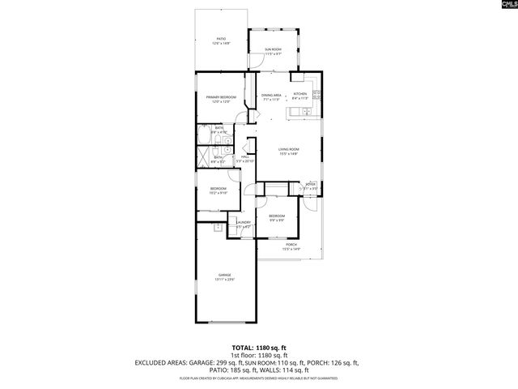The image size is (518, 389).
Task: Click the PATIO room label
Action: pyautogui.click(x=221, y=38)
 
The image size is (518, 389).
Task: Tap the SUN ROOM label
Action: pyautogui.click(x=273, y=50)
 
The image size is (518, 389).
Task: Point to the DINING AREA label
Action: pyautogui.click(x=271, y=96)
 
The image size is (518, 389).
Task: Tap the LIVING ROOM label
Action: pyautogui.click(x=289, y=149)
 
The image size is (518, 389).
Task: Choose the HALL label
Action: pyautogui.click(x=244, y=156)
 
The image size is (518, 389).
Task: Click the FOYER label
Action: pyautogui.click(x=311, y=184)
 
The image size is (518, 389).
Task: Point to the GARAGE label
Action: pyautogui.click(x=224, y=275)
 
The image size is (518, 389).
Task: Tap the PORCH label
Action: pyautogui.click(x=291, y=245)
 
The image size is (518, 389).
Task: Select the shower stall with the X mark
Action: pyautogui.click(x=206, y=160)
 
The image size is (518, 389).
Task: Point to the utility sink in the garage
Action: pyautogui.click(x=218, y=229)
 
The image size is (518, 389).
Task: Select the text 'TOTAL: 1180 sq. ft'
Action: pyautogui.click(x=258, y=347)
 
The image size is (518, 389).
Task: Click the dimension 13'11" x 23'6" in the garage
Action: pyautogui.click(x=224, y=280)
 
